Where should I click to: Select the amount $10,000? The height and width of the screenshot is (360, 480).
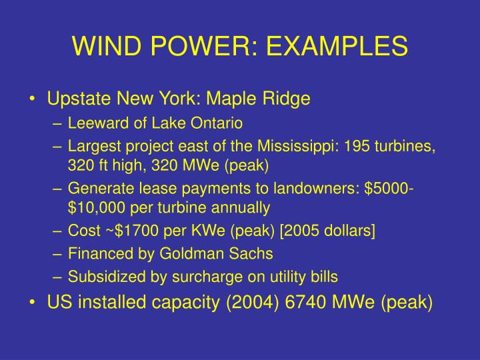pyautogui.click(x=96, y=208)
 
